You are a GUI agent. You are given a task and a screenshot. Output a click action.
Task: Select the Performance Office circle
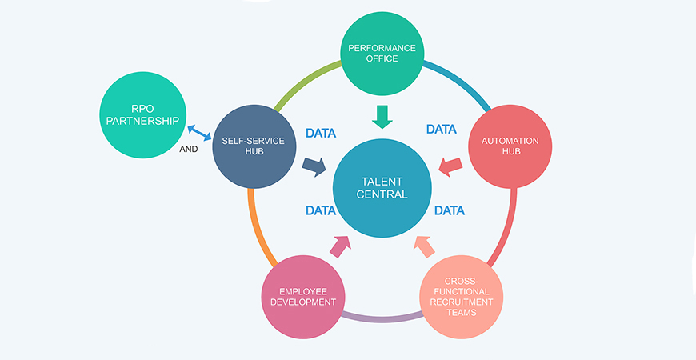click(382, 53)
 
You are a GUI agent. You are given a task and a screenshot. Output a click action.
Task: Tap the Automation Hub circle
click(510, 147)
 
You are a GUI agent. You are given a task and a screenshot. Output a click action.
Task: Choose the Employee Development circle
click(304, 295)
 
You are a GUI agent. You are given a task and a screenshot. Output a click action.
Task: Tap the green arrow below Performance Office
click(382, 116)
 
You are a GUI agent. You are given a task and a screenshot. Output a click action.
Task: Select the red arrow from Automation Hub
click(452, 166)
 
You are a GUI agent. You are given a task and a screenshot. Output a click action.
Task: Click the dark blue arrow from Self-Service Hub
click(314, 166)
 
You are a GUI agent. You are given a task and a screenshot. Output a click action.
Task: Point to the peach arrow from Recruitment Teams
click(424, 246)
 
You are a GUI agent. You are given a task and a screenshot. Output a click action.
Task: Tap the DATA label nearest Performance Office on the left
click(321, 133)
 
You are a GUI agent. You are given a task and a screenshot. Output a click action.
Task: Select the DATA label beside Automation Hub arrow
click(441, 129)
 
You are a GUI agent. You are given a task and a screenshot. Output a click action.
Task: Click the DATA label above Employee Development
click(320, 211)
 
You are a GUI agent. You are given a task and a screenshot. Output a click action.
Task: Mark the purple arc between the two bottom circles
click(382, 318)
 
